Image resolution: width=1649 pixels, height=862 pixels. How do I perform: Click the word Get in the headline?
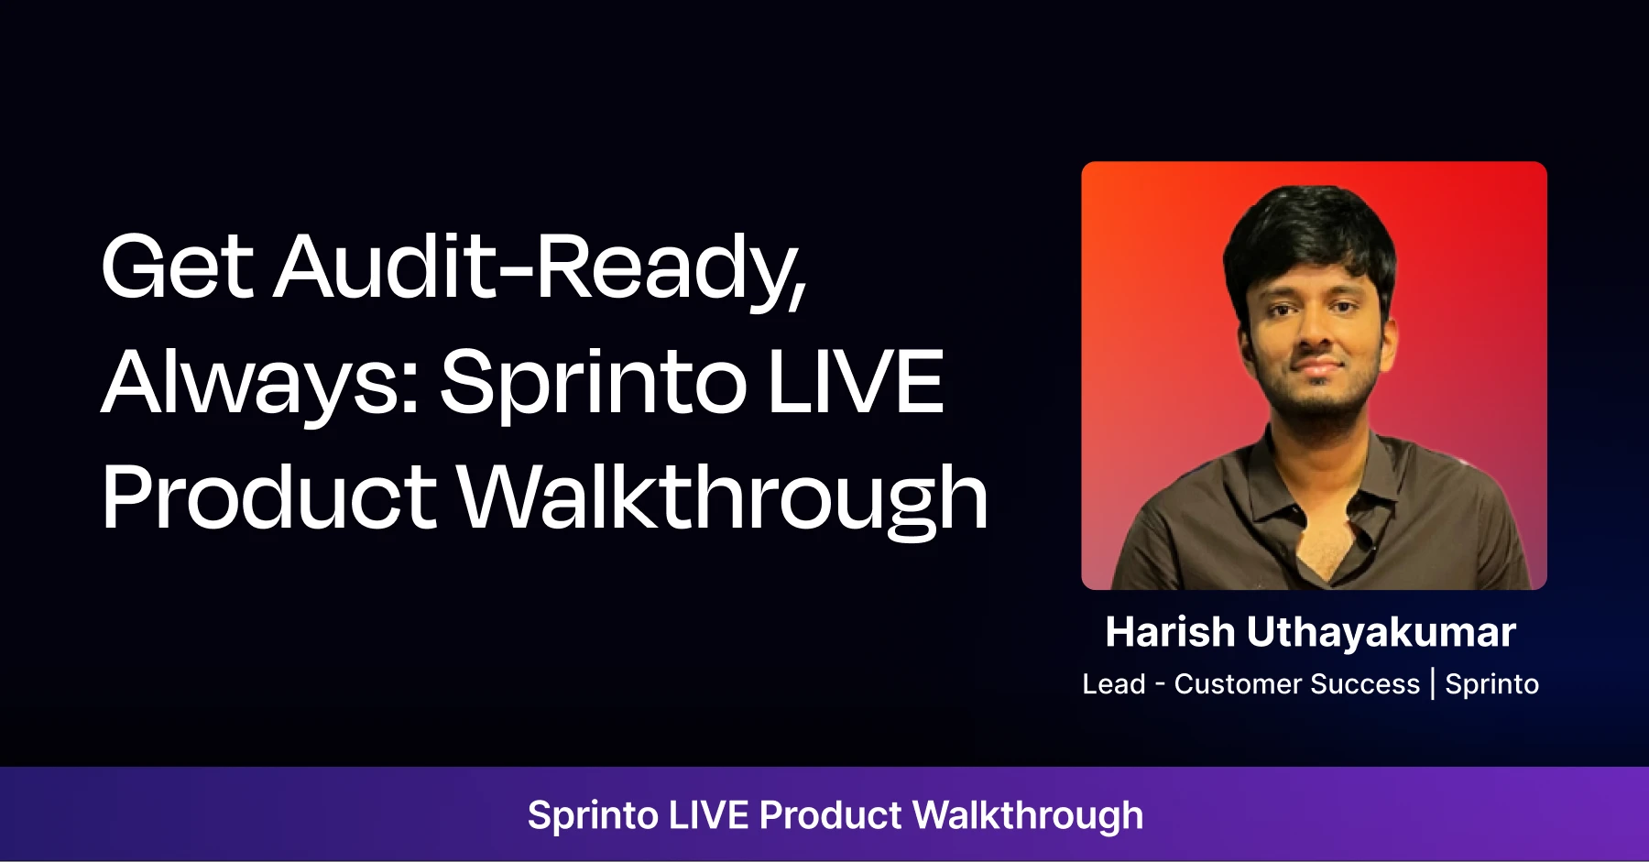(177, 267)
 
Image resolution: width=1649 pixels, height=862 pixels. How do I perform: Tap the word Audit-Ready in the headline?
(541, 267)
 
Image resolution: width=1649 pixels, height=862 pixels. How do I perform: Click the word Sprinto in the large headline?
(592, 383)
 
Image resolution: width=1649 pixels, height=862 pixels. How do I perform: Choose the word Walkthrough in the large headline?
(723, 497)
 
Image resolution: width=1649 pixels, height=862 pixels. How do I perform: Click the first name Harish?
(1170, 632)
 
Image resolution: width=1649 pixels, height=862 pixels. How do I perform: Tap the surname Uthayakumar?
(1381, 633)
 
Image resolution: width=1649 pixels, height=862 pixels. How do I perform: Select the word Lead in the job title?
(1114, 684)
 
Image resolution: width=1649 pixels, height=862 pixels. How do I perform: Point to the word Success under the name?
(1365, 684)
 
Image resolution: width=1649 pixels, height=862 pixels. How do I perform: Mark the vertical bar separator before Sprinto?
(1433, 684)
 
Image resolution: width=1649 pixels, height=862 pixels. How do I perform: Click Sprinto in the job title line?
(1491, 685)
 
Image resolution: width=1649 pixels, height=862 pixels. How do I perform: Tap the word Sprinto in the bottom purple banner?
(593, 816)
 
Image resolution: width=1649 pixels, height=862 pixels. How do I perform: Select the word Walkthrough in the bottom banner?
(1028, 815)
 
